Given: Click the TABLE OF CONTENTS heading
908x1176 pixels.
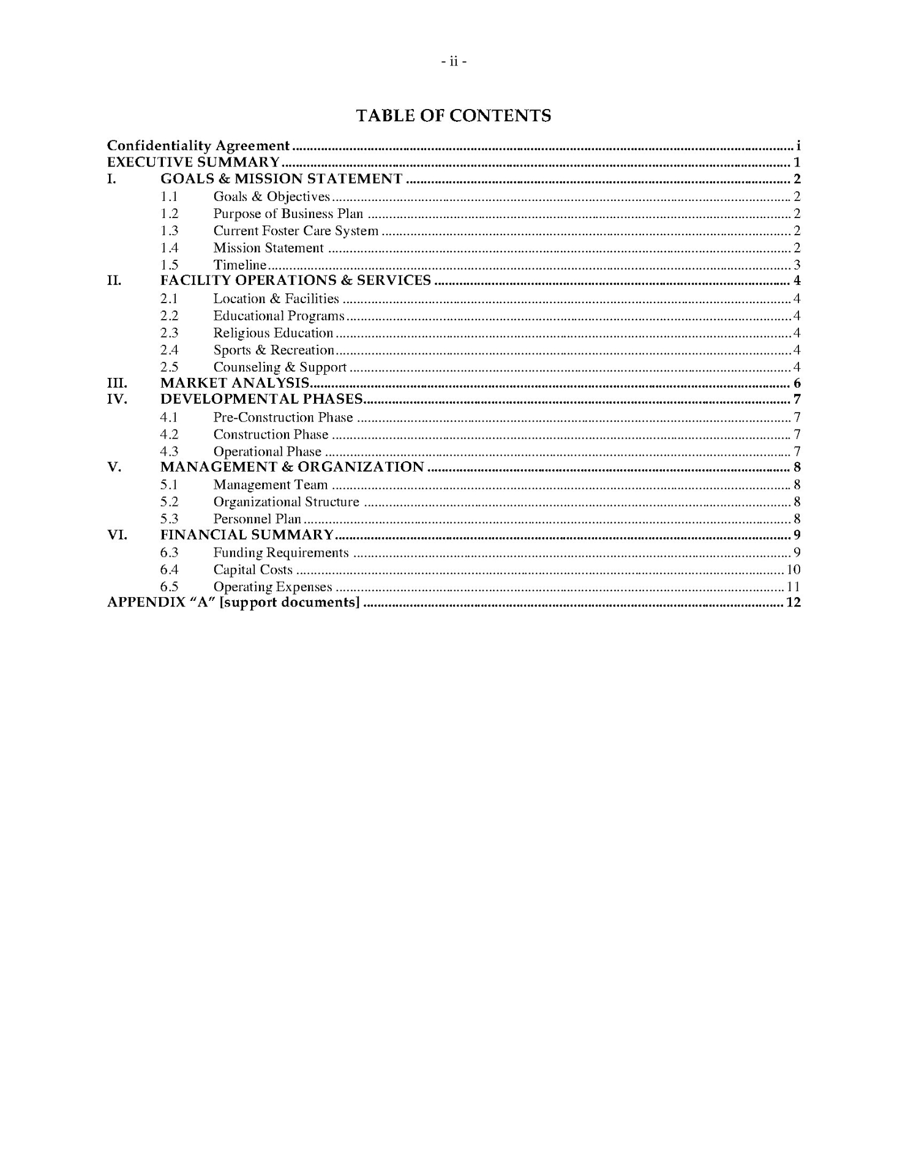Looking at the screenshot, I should pyautogui.click(x=453, y=116).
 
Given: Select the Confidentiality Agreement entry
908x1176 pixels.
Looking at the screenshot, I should pyautogui.click(x=198, y=146).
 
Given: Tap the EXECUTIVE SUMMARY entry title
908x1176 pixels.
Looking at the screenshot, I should pyautogui.click(x=193, y=162).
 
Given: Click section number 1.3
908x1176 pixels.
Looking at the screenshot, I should pyautogui.click(x=169, y=231).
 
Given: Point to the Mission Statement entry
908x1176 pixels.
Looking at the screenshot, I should pyautogui.click(x=268, y=248).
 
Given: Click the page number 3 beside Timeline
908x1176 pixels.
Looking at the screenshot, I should pyautogui.click(x=797, y=265).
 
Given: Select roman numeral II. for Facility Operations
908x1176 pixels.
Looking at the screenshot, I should pyautogui.click(x=114, y=281).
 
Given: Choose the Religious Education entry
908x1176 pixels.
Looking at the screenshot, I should pyautogui.click(x=273, y=333).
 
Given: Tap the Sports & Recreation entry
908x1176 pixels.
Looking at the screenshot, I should pyautogui.click(x=274, y=350).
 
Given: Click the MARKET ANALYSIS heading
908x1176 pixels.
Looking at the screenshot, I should pyautogui.click(x=235, y=383).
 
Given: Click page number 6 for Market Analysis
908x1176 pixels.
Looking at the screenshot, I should pyautogui.click(x=797, y=384).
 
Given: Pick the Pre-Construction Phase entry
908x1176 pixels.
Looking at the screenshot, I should pyautogui.click(x=283, y=418).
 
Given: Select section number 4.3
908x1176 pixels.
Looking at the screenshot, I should pyautogui.click(x=169, y=451).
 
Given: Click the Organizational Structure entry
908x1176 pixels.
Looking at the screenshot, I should pyautogui.click(x=286, y=502).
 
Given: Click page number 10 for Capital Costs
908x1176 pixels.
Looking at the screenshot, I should pyautogui.click(x=794, y=570).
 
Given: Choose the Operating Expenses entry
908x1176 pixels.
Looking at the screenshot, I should pyautogui.click(x=272, y=587).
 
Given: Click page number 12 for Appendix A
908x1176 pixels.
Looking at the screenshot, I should pyautogui.click(x=793, y=603).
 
